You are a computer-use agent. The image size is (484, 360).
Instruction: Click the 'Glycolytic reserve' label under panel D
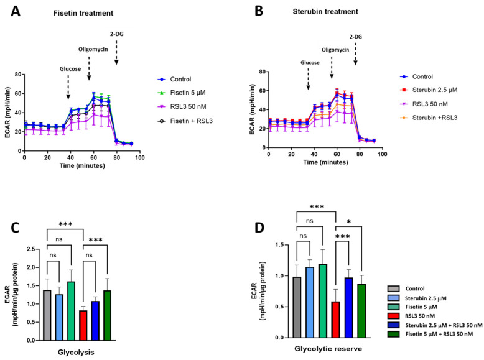pyautogui.click(x=332, y=353)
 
